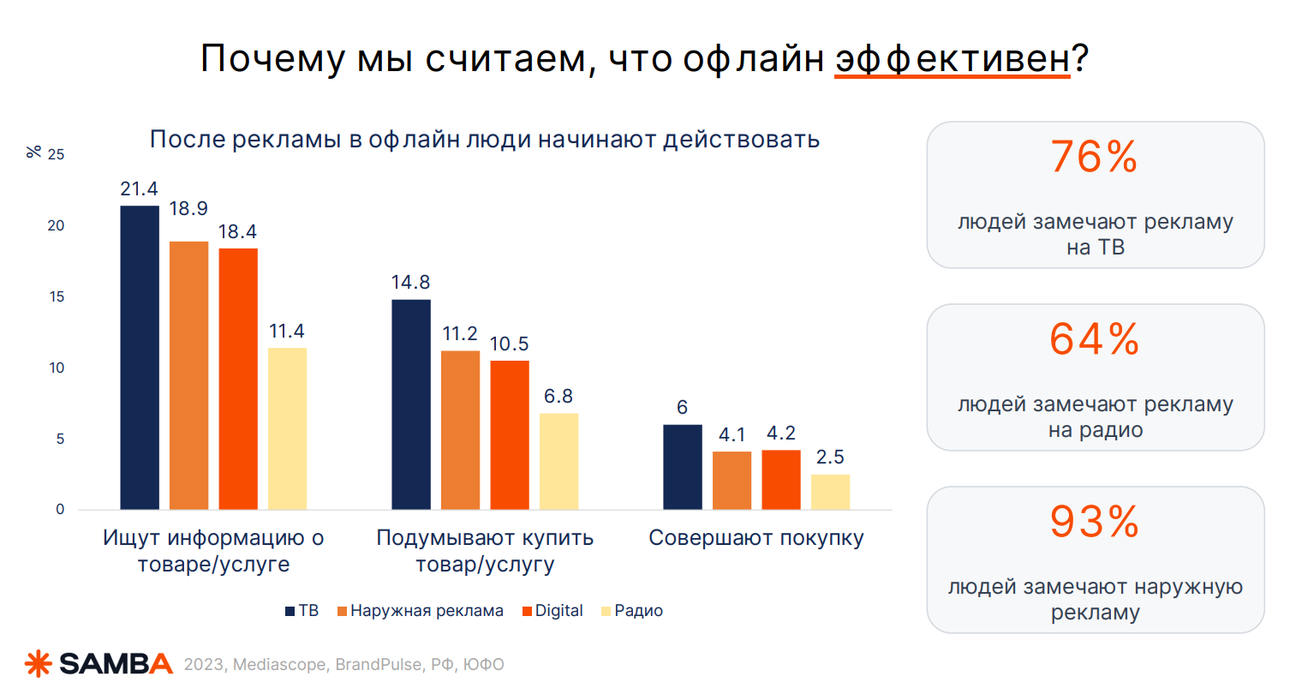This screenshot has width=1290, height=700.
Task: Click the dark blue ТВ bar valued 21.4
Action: point(140,357)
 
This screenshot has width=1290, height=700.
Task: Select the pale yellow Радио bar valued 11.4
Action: point(287,428)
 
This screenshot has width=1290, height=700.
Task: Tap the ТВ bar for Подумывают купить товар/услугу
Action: point(411,404)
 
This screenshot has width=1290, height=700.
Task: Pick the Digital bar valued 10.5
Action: point(510,435)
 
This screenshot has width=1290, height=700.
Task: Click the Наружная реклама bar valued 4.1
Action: point(732,481)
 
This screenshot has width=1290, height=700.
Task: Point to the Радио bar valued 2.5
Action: point(830,492)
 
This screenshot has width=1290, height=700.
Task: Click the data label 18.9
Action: point(188,209)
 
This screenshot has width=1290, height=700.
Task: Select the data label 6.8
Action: point(558,397)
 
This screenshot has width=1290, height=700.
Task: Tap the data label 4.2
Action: point(781,434)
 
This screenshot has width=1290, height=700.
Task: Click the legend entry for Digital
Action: point(552,611)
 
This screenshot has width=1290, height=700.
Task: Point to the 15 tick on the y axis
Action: point(57,297)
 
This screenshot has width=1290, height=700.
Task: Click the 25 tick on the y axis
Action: point(57,155)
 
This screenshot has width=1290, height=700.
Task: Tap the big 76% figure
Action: point(1095,158)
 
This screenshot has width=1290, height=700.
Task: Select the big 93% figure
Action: point(1095,522)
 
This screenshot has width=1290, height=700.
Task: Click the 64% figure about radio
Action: point(1095,339)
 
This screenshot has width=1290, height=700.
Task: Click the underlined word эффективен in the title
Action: point(953,58)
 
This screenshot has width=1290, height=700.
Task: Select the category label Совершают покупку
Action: point(756,538)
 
